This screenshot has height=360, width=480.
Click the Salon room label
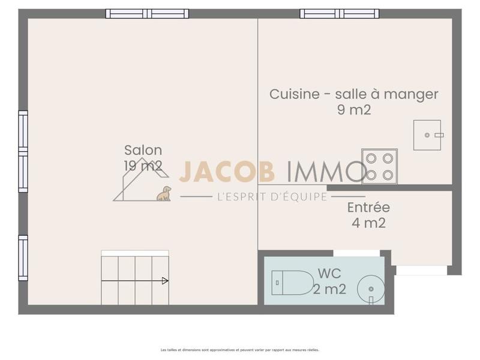143,151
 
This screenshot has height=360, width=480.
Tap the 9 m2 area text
353,110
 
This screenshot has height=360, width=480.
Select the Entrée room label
368,208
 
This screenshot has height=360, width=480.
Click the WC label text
329,274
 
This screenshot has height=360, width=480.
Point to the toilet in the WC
292,283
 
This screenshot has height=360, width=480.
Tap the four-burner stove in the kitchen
379,166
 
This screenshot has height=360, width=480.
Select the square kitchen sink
427,135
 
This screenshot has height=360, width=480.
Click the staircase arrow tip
166,280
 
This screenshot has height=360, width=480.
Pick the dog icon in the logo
164,193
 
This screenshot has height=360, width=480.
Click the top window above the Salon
147,13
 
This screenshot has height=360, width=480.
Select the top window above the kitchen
339,13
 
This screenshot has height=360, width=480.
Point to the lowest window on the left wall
23,257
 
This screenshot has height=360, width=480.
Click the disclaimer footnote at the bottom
239,350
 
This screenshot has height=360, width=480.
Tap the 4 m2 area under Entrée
368,223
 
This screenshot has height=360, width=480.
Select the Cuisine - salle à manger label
353,94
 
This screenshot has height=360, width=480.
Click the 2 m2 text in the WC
329,289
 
